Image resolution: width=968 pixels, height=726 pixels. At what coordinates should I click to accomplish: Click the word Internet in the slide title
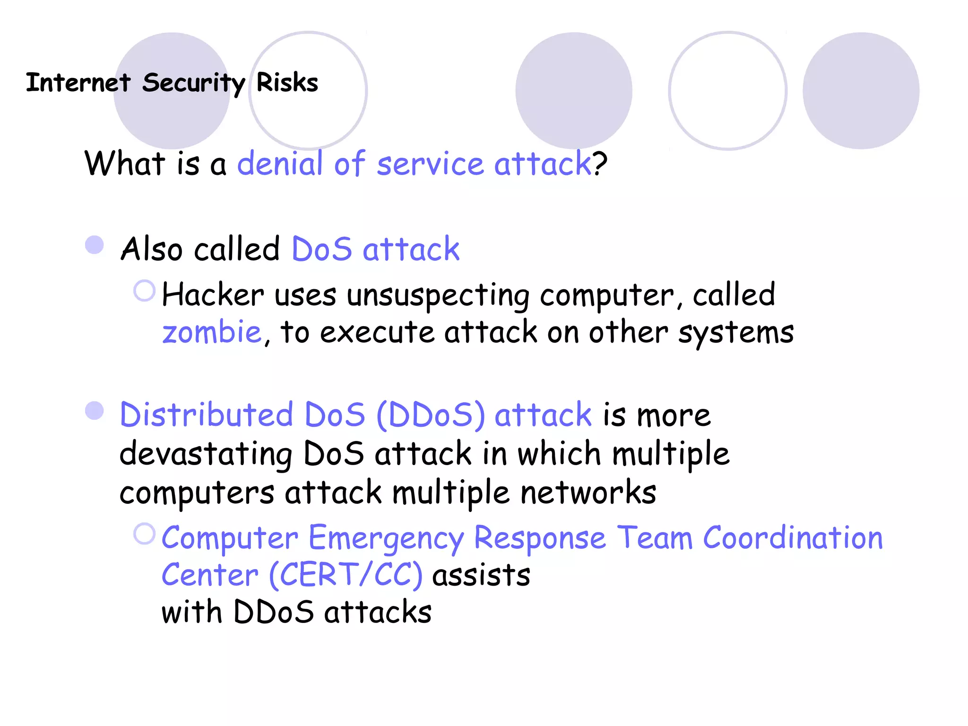78,83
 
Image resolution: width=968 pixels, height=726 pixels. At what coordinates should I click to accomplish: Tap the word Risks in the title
287,83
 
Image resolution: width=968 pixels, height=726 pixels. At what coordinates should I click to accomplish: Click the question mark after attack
600,164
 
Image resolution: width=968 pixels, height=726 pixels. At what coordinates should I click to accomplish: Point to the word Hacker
213,295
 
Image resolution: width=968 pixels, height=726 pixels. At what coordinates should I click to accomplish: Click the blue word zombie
211,332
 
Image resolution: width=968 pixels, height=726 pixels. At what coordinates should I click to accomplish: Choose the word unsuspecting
438,296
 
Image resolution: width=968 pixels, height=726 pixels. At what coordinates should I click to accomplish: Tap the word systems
735,333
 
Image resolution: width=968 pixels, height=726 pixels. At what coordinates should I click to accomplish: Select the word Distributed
207,415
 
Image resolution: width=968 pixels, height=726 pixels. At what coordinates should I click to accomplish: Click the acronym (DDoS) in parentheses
431,415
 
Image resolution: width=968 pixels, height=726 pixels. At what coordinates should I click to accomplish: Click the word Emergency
386,539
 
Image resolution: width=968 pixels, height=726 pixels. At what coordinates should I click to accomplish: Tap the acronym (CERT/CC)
346,575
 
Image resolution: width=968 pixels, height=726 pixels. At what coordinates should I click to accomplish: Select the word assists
481,575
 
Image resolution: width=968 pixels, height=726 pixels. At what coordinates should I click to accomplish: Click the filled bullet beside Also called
95,245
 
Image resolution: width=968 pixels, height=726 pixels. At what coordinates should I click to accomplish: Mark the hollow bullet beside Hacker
144,291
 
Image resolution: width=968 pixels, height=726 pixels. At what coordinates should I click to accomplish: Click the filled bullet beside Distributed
95,410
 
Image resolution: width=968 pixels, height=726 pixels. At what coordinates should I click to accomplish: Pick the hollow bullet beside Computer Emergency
144,534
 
